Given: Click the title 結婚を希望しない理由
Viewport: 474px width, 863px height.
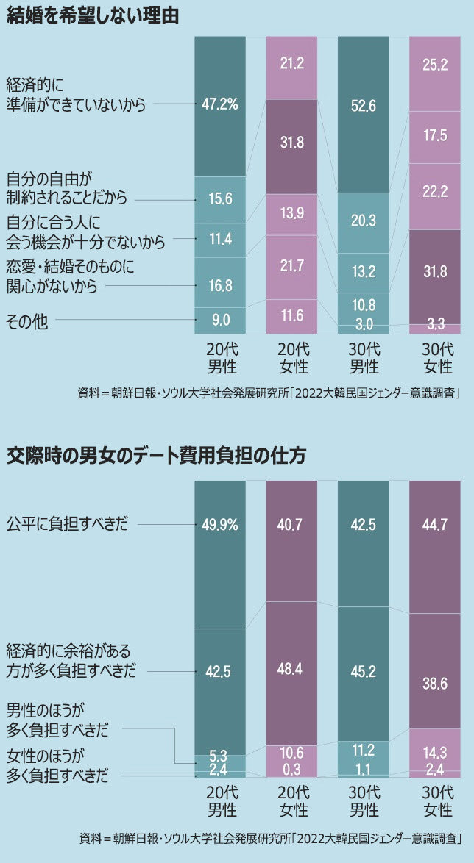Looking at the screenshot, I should [x=93, y=16].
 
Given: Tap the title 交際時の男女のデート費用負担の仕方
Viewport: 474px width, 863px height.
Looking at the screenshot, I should [x=156, y=455].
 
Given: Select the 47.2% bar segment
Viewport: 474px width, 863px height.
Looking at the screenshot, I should [x=219, y=104].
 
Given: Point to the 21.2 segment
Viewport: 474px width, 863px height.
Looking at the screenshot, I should [x=291, y=65].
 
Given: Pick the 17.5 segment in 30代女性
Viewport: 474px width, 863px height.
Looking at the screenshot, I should [x=435, y=137].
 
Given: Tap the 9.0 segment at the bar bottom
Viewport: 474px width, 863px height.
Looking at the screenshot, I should [x=219, y=321].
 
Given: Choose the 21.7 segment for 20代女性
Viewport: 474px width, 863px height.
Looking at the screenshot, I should [x=291, y=268].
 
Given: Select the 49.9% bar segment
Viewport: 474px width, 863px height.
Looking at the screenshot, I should [x=219, y=525].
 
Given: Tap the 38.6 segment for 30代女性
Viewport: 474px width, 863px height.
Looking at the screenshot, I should [x=435, y=683].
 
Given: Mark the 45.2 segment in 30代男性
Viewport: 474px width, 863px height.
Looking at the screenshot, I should [x=363, y=670].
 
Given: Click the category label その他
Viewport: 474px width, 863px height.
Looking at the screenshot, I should [x=27, y=321].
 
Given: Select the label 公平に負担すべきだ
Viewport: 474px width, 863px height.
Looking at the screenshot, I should [x=67, y=525].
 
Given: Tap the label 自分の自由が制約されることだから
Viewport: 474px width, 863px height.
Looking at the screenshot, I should [x=67, y=188].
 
